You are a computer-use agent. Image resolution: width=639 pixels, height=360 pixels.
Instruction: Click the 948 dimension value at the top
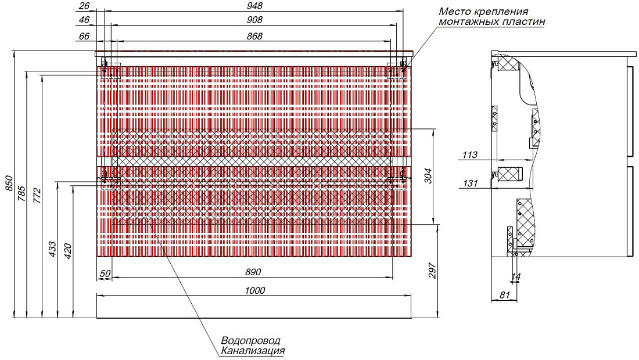(x=254, y=6)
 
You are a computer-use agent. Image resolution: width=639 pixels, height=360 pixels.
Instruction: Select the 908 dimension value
(x=254, y=20)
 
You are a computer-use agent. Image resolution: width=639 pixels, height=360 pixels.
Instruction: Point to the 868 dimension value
(x=254, y=36)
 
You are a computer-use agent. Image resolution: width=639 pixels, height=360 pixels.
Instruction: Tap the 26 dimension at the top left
(x=84, y=6)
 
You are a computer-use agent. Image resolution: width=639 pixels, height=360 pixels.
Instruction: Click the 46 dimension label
(x=84, y=20)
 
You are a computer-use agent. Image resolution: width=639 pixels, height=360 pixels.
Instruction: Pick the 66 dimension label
(x=84, y=36)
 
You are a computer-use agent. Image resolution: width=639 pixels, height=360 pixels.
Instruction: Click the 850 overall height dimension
(x=9, y=183)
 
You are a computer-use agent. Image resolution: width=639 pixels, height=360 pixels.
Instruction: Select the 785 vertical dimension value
(x=22, y=193)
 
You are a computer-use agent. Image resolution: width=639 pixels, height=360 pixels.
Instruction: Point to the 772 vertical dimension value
(x=37, y=196)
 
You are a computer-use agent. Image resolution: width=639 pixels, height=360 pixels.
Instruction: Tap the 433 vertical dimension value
(x=52, y=249)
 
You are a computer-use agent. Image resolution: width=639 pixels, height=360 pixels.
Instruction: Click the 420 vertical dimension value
(x=67, y=251)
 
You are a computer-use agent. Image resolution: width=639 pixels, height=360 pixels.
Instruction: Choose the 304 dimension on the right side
(x=428, y=175)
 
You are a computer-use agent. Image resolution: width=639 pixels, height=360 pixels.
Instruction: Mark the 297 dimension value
(x=432, y=271)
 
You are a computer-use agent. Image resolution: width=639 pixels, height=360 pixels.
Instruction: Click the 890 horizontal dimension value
(x=253, y=272)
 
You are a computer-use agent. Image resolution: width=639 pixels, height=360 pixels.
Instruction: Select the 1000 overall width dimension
(x=254, y=290)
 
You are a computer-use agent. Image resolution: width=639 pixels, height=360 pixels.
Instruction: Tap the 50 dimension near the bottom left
(x=105, y=273)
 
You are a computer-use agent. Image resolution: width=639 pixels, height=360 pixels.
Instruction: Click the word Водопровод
(x=250, y=340)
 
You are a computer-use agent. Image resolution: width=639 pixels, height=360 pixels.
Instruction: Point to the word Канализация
(x=253, y=351)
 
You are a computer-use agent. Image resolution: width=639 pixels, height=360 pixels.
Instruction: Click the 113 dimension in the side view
(x=469, y=155)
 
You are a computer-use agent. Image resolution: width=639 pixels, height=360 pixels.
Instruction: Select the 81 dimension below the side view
(x=504, y=294)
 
